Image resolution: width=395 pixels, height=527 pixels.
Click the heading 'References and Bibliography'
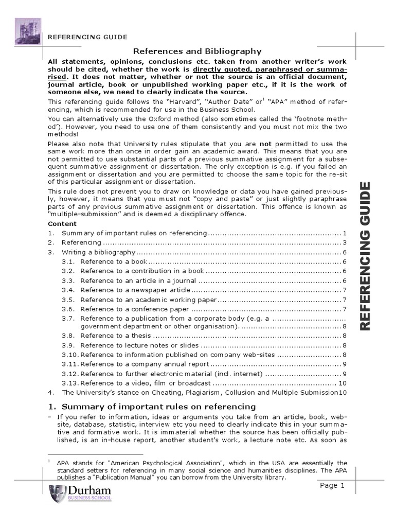(x=197, y=51)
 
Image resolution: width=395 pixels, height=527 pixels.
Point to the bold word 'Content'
(x=62, y=224)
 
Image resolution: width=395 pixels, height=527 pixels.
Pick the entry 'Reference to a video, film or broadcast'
(x=145, y=383)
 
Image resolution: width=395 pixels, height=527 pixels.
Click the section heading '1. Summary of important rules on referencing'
(x=152, y=407)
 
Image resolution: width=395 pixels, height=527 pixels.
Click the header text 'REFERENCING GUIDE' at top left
(x=87, y=37)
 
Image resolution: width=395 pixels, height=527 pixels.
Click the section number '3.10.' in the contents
(x=69, y=355)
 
